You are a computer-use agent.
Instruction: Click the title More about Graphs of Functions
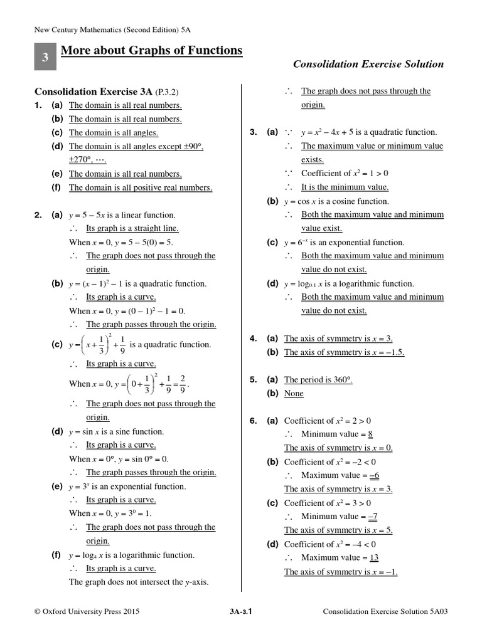[151, 50]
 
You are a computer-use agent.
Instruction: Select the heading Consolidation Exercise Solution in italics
[368, 64]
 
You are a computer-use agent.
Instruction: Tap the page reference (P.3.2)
[171, 92]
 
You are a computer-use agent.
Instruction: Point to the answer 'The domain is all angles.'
[113, 133]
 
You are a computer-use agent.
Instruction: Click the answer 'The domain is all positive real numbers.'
[140, 187]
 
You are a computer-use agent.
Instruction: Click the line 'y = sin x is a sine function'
[116, 431]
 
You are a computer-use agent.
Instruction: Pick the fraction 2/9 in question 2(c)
[182, 383]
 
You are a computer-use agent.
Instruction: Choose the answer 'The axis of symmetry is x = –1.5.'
[344, 352]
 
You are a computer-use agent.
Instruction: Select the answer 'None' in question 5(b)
[294, 394]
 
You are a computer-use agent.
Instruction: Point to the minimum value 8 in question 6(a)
[371, 434]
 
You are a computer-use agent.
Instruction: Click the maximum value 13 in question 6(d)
[373, 557]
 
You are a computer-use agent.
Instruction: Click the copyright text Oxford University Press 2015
[87, 611]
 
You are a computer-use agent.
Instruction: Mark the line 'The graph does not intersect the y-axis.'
[139, 582]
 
